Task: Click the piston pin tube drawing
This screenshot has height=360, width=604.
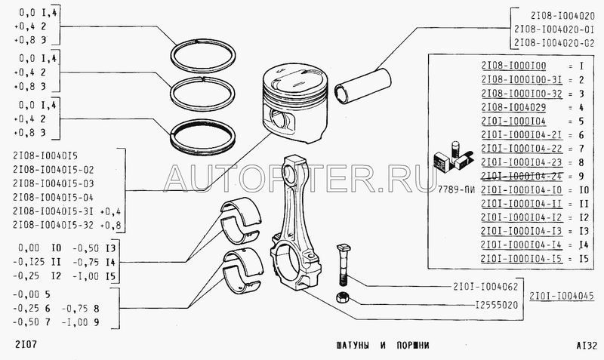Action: pos(363,85)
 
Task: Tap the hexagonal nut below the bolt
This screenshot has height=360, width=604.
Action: pos(341,297)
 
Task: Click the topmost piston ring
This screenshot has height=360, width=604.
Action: pos(203,56)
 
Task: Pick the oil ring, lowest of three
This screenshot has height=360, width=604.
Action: pos(203,137)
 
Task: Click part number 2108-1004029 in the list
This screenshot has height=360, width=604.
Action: pos(513,107)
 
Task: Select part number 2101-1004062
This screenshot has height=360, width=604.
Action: pos(485,287)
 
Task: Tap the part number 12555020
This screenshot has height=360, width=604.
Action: pos(497,306)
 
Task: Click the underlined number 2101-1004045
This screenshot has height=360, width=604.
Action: pos(562,296)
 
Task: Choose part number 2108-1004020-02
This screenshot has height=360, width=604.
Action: pos(554,43)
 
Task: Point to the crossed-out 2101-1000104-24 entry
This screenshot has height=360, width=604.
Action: pos(522,176)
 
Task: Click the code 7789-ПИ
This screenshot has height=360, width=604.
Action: pos(456,189)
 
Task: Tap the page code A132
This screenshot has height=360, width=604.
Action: pos(587,345)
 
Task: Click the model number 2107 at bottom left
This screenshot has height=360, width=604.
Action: pos(26,344)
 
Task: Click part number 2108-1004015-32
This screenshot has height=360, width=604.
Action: pos(53,225)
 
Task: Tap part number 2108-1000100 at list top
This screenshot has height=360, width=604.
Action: pos(513,66)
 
